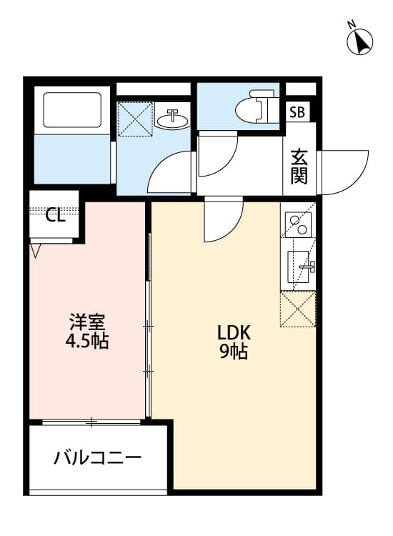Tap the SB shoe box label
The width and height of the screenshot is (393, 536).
tap(297, 112)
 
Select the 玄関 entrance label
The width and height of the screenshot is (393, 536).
tap(299, 167)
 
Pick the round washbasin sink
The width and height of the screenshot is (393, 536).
tap(171, 119)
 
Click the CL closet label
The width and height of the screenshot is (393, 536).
tap(56, 215)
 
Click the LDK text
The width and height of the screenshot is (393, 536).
tap(232, 333)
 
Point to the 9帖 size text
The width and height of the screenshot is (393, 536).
tap(233, 352)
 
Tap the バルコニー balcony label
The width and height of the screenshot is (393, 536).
tap(98, 458)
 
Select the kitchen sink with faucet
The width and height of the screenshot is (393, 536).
tap(300, 267)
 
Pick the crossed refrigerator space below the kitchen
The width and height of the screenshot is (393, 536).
tap(298, 309)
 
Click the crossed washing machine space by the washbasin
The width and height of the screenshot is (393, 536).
tap(135, 119)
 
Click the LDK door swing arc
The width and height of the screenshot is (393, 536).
tap(222, 222)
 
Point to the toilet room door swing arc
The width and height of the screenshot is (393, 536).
tap(217, 154)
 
